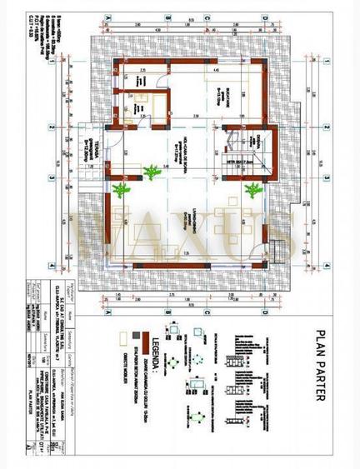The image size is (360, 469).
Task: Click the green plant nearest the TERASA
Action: click(x=122, y=190)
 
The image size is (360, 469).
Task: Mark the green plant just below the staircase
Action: click(x=252, y=190)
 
